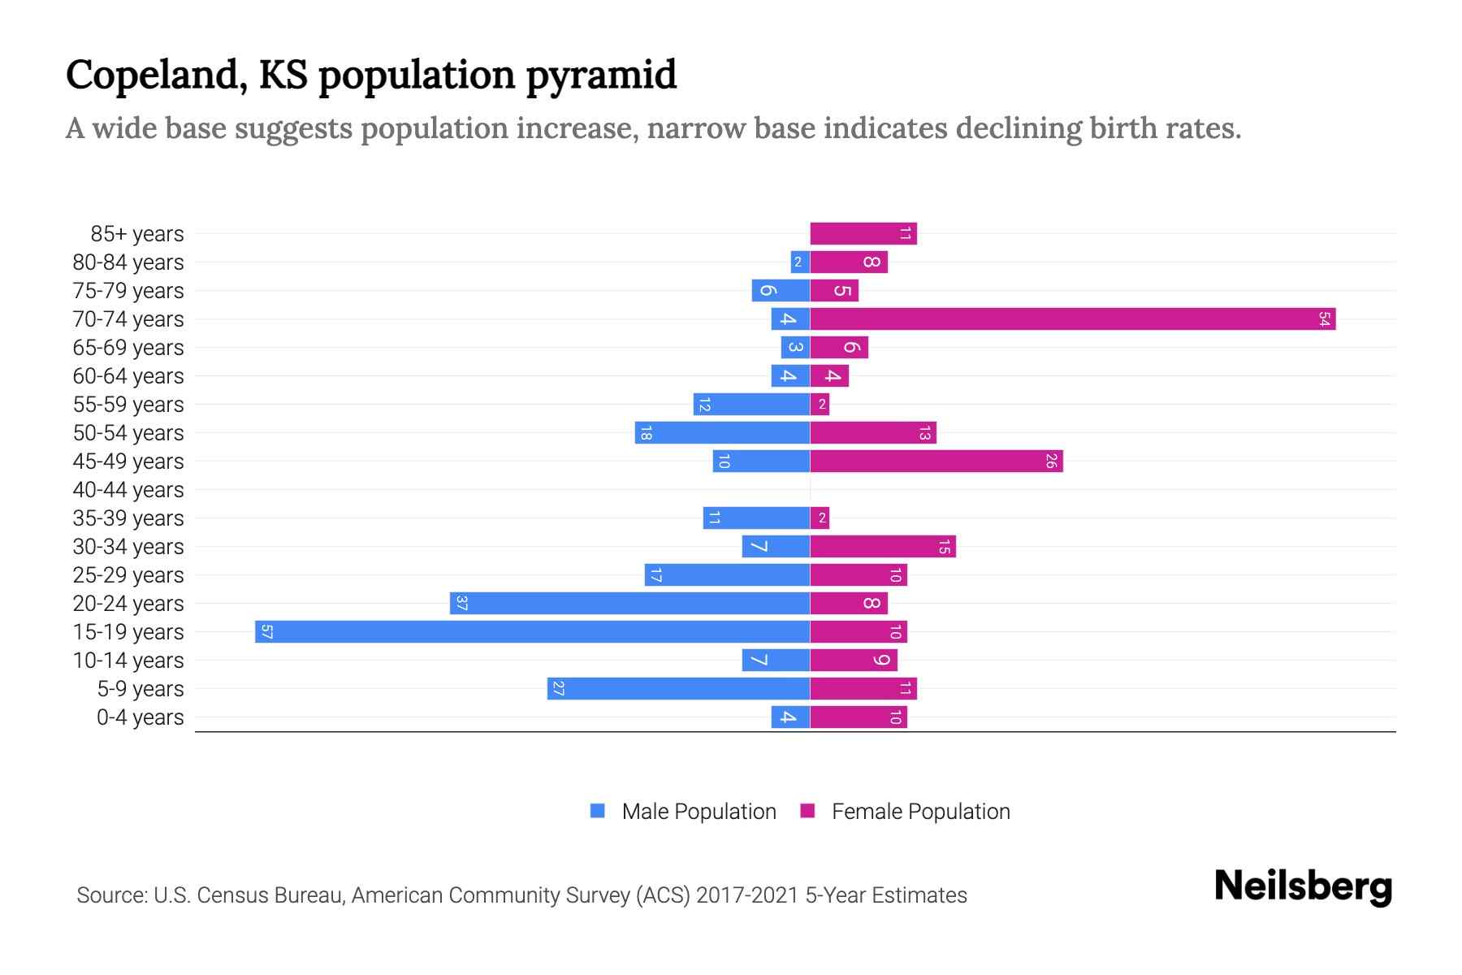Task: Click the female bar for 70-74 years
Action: coord(1072,318)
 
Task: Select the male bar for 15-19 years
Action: coord(532,631)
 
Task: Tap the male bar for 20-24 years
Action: coord(629,603)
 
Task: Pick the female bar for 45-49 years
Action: coord(936,461)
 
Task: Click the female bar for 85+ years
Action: coord(863,233)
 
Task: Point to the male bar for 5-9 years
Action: coord(678,688)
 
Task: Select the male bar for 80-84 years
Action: coord(799,262)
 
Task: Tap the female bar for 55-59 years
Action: coord(820,404)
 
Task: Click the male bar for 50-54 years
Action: coord(722,432)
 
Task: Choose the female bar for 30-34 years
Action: coord(882,546)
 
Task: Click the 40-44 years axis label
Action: coord(128,490)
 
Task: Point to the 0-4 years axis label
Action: coord(140,717)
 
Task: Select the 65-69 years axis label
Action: coord(128,348)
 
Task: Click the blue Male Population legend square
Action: coord(598,811)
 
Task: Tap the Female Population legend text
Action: coord(920,812)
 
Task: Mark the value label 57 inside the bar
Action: coord(266,632)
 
